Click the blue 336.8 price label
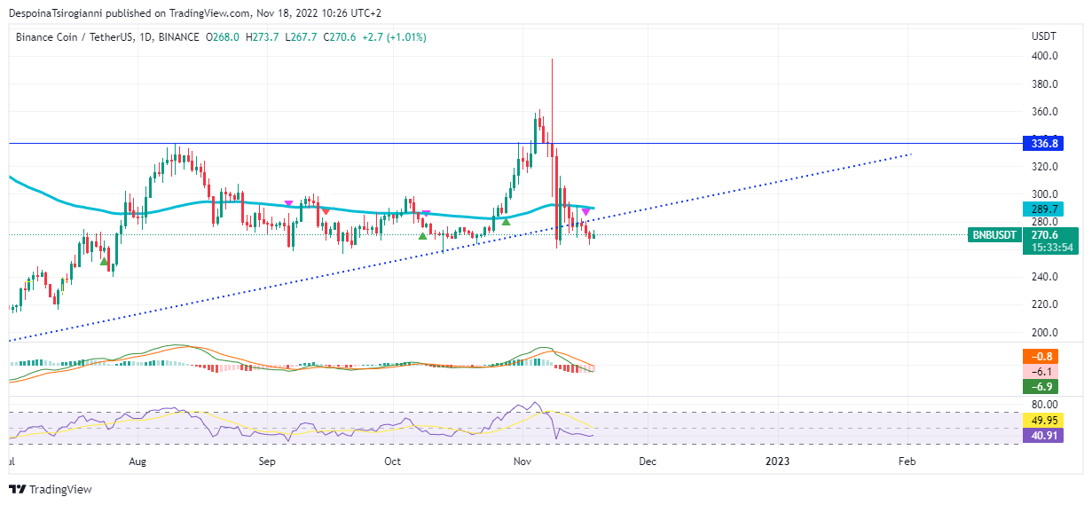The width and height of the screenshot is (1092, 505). pos(1041,143)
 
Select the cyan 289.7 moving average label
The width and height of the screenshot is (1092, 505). pos(1041,209)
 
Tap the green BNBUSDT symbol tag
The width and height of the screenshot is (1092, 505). pos(995,235)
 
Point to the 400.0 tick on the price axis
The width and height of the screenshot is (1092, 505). pos(1044,56)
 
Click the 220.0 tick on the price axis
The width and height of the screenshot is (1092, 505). pos(1044,304)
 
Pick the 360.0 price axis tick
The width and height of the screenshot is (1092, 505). pos(1044,112)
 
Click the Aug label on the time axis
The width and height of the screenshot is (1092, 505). pos(137,462)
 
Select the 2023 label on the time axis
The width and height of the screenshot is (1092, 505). pos(777,462)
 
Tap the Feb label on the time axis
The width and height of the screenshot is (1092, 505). pos(907,462)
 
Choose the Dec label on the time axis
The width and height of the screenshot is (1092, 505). pos(648,462)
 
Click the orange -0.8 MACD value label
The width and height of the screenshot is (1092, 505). pos(1041,357)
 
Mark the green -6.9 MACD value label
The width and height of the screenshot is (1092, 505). pos(1041,386)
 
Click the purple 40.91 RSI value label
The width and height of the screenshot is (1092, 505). pos(1041,435)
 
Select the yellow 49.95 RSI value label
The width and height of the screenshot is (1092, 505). pos(1041,421)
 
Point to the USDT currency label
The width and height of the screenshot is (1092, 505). pos(1043,36)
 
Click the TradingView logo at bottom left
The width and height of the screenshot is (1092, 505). pos(51,489)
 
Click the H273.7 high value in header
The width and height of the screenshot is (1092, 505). pos(263,37)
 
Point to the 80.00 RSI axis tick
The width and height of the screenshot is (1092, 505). pos(1044,405)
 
